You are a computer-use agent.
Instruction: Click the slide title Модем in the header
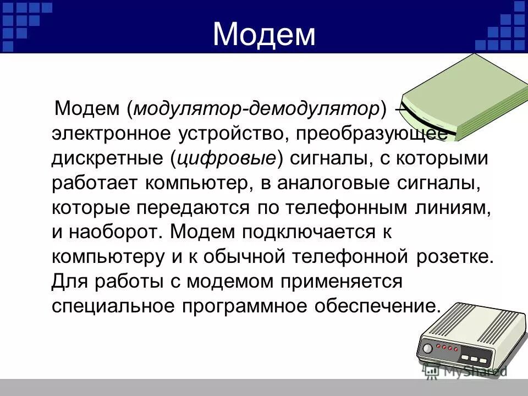(x=264, y=34)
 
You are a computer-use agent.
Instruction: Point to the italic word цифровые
(x=226, y=158)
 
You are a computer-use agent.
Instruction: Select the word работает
(x=95, y=183)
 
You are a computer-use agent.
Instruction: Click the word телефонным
(x=335, y=208)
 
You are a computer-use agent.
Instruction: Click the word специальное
(x=116, y=306)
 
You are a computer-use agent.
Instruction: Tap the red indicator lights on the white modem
(x=446, y=348)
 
